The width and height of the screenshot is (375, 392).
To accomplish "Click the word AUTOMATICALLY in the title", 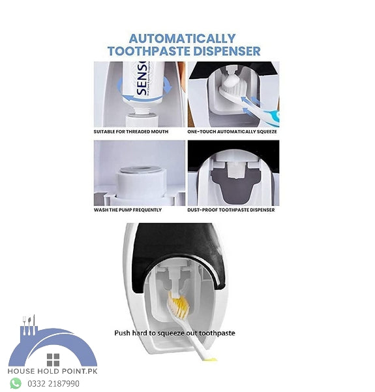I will tap(182, 38).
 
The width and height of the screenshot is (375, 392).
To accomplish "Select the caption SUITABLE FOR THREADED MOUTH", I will tap(130, 131).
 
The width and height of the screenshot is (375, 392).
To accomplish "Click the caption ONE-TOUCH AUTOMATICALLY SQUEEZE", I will tap(232, 131).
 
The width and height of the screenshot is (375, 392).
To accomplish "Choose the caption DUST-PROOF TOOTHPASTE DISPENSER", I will tap(231, 210).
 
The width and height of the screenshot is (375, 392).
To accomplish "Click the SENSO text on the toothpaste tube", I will tap(142, 85).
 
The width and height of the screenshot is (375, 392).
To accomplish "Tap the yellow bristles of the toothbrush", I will tap(178, 304).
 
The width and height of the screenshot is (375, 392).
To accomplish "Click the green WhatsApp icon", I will tap(16, 384).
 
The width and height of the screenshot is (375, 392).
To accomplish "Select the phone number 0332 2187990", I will tap(53, 384).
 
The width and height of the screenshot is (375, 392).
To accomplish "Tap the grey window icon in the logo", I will tap(53, 359).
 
